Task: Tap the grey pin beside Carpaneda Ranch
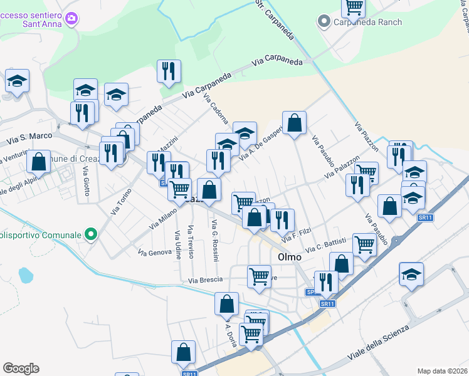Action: pos(324,23)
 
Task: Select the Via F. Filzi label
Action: pos(297,234)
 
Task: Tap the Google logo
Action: pos(21,368)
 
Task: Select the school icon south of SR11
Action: pos(411,274)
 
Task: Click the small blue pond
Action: pos(25,274)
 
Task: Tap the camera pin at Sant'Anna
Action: pos(71,18)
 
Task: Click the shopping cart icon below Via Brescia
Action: pos(259,276)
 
